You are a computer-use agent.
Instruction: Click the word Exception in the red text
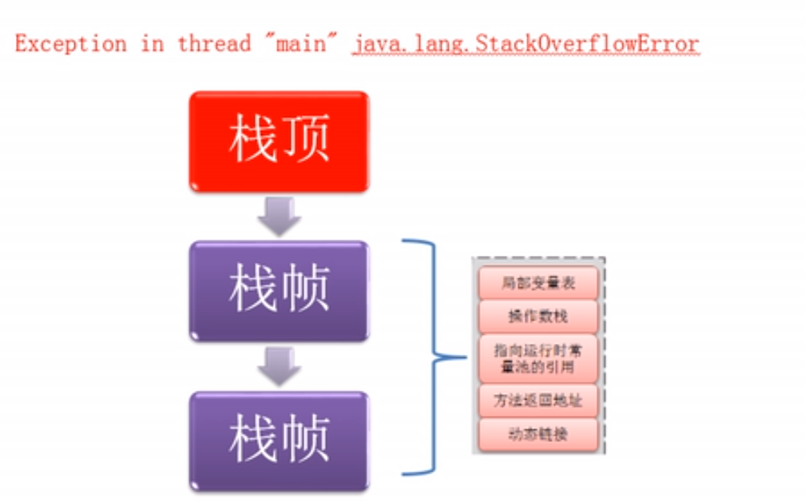tap(71, 44)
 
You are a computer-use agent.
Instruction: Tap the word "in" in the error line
tap(153, 44)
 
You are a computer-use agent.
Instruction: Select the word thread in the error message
tap(214, 44)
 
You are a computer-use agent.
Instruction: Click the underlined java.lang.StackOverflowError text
tap(525, 44)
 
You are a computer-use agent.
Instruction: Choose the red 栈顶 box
tap(280, 141)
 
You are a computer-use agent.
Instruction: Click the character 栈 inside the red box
tap(252, 139)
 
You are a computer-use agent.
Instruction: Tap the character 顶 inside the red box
tap(305, 139)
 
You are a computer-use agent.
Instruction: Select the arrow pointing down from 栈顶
tap(280, 217)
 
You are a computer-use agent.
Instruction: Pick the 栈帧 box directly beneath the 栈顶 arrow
tap(280, 291)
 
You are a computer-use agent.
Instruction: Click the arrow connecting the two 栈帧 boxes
tap(280, 366)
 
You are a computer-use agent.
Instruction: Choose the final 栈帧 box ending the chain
tap(280, 441)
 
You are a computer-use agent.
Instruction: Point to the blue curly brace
tap(434, 357)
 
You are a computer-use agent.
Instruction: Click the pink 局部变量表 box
tap(538, 283)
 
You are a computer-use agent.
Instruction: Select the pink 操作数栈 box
tap(538, 317)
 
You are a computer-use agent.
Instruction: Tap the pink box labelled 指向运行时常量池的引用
tap(538, 359)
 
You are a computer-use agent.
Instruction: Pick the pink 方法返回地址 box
tap(538, 400)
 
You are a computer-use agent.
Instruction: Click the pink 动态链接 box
tap(538, 435)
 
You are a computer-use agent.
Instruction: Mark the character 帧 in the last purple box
tap(305, 439)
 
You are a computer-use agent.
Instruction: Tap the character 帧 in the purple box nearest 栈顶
tap(305, 289)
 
